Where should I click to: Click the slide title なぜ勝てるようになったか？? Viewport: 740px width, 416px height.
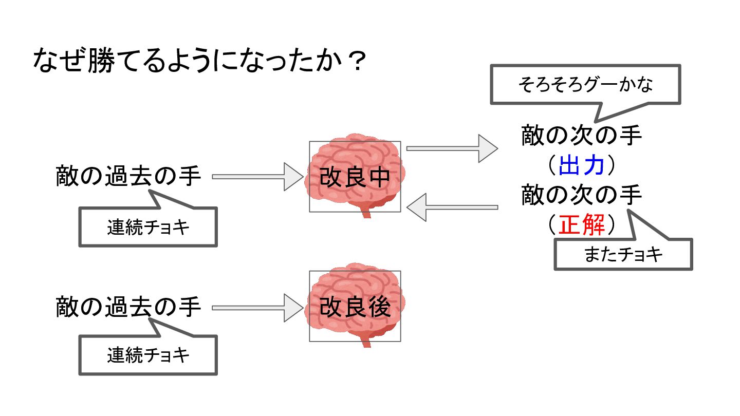click(x=199, y=60)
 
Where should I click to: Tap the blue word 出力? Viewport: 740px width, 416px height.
click(x=581, y=165)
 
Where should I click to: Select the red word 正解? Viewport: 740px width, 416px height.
click(x=581, y=224)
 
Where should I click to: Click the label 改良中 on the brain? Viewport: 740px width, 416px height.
click(x=355, y=177)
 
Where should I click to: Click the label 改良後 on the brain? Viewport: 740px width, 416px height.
click(x=355, y=307)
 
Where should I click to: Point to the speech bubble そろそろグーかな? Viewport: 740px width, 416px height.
click(x=585, y=85)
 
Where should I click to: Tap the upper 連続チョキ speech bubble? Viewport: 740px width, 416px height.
click(x=148, y=227)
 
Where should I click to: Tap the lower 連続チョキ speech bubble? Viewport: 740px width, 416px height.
click(x=148, y=355)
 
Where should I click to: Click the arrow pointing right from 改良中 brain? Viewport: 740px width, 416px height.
click(x=452, y=148)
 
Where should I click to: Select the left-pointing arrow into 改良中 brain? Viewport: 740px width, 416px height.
click(x=452, y=207)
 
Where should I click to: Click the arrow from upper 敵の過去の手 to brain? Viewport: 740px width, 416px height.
click(x=257, y=177)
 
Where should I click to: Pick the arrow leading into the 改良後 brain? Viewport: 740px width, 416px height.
click(x=257, y=308)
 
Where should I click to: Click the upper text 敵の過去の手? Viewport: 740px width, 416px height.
click(x=128, y=176)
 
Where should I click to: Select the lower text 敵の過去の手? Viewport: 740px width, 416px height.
click(x=128, y=307)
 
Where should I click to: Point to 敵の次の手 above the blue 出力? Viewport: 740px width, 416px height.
click(x=581, y=135)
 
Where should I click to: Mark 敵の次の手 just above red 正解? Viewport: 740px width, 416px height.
click(x=581, y=195)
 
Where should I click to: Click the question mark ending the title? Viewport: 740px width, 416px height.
click(x=358, y=61)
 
